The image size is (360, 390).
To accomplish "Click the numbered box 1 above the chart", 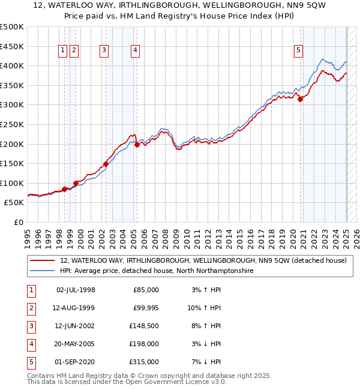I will point(63,51).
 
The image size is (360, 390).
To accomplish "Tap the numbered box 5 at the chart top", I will point(298,51).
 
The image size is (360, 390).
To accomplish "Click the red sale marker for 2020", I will point(301,100).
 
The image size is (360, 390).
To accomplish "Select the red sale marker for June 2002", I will point(106,164).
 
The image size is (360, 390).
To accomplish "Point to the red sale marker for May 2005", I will point(137,145).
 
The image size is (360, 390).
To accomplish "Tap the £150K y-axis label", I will point(12,163).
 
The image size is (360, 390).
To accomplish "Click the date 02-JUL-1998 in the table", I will point(75,290).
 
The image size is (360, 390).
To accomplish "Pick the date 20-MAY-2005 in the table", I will point(75,344).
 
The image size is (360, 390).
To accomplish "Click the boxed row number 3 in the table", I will point(30,326).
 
